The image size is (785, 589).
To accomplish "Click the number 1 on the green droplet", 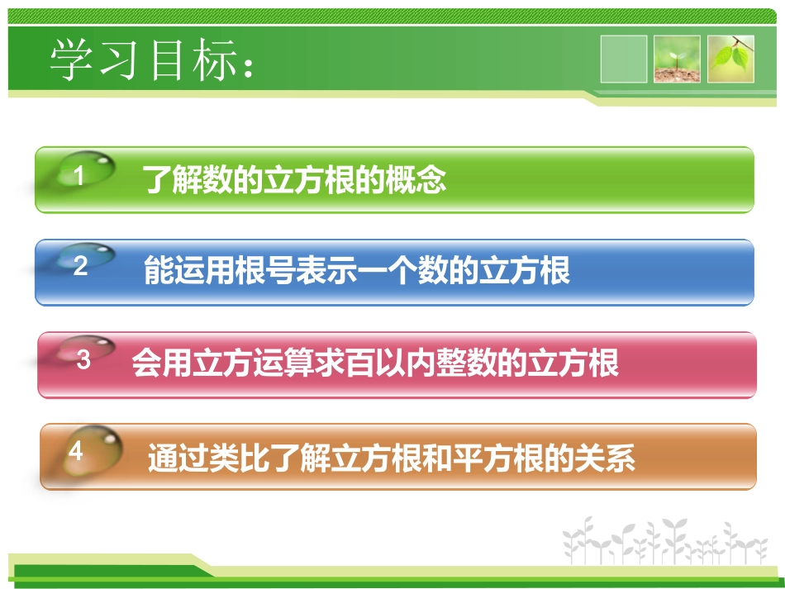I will click(x=79, y=176).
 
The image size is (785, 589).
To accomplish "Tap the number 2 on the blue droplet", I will click(x=80, y=267).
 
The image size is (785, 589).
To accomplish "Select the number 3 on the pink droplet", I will click(x=83, y=359).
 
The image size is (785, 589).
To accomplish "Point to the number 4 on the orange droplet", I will click(x=76, y=451).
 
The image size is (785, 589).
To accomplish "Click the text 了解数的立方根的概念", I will click(x=293, y=179).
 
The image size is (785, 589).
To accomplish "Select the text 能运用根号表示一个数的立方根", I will click(x=356, y=271).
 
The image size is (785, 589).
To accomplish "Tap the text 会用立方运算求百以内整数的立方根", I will click(x=375, y=363).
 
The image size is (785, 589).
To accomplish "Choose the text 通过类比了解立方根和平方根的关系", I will click(x=391, y=457).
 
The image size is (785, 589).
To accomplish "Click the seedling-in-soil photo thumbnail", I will click(x=677, y=59).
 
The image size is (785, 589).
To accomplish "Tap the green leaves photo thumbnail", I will click(x=731, y=59).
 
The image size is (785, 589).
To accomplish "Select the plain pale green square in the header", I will click(x=624, y=59).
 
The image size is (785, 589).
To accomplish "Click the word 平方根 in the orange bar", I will click(x=495, y=457).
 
